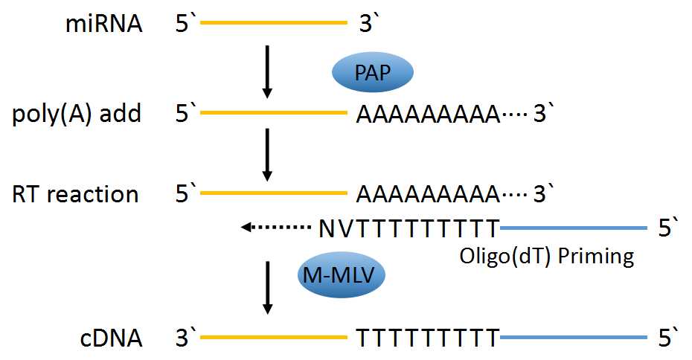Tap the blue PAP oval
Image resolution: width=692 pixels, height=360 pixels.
pyautogui.click(x=371, y=72)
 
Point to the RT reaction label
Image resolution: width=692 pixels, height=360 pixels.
pyautogui.click(x=75, y=194)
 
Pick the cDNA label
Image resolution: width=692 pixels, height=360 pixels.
pyautogui.click(x=112, y=338)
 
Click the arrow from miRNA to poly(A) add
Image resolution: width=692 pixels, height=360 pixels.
pyautogui.click(x=268, y=72)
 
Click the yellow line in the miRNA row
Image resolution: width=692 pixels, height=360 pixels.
pyautogui.click(x=274, y=25)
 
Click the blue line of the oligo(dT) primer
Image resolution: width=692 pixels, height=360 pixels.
pyautogui.click(x=573, y=226)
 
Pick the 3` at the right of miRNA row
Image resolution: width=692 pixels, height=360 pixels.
pyautogui.click(x=370, y=25)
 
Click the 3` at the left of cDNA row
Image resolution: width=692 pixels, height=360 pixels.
pyautogui.click(x=185, y=338)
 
